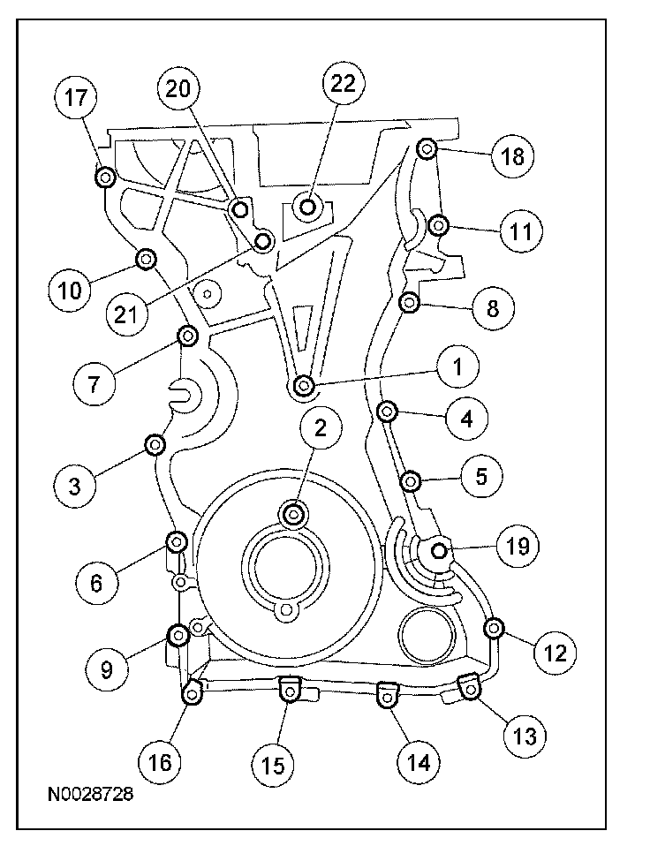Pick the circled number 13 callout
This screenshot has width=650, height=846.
tap(525, 735)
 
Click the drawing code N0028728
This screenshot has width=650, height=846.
tap(91, 795)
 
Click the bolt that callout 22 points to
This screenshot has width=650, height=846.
tap(308, 208)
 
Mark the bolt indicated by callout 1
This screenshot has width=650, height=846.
tap(303, 385)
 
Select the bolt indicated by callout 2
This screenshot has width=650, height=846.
tap(294, 512)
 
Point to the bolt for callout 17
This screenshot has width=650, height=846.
tap(104, 178)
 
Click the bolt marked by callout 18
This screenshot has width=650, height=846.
tap(427, 149)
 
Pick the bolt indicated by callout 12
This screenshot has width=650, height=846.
tap(493, 627)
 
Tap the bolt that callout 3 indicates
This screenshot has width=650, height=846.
tap(155, 442)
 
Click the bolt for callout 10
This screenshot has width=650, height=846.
tap(146, 258)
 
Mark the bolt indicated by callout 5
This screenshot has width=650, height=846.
tap(410, 480)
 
